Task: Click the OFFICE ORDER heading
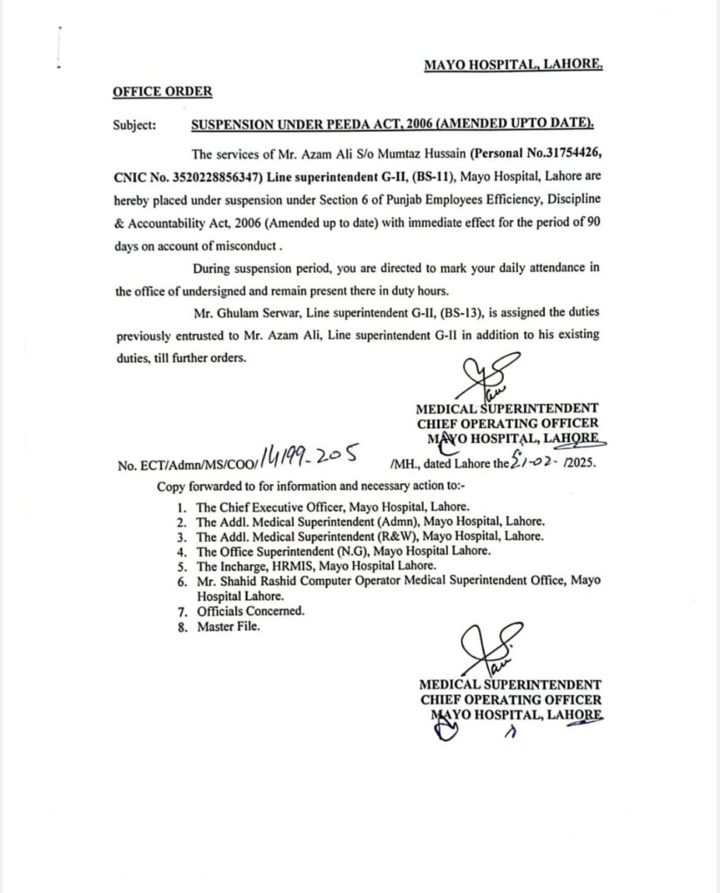click(x=161, y=91)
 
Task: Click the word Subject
click(x=135, y=125)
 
